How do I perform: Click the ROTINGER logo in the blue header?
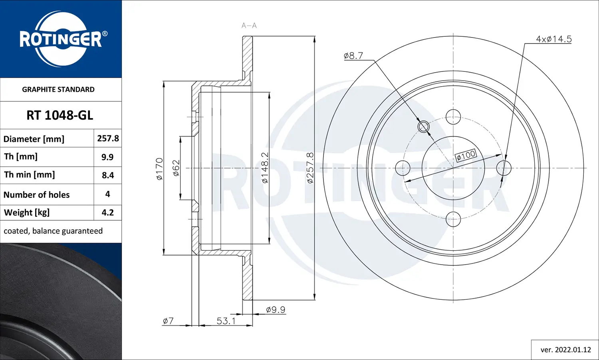[61, 39]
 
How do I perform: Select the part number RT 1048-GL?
[60, 115]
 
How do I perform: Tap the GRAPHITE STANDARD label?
[58, 89]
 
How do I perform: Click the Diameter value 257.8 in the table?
[108, 138]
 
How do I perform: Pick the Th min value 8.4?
[108, 175]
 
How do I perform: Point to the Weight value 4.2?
[108, 212]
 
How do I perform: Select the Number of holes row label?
[37, 195]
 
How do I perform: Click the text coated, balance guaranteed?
[53, 231]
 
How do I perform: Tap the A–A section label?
[249, 26]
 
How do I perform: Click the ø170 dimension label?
[159, 169]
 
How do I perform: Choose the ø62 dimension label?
[176, 168]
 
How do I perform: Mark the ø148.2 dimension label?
[265, 168]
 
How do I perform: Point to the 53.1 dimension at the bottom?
[226, 321]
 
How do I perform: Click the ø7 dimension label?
[168, 321]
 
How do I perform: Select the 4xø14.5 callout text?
[553, 39]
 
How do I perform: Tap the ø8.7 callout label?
[353, 56]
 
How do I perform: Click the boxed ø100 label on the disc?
[466, 155]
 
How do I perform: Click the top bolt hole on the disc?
[453, 117]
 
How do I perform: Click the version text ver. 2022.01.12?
[565, 350]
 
